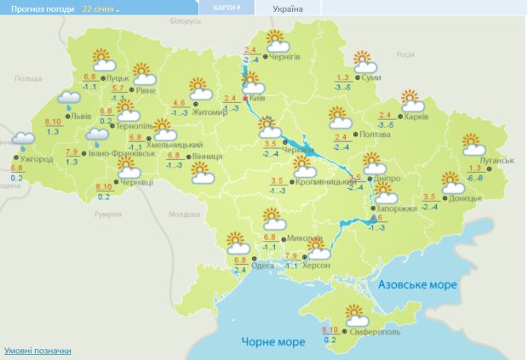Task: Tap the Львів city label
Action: [x=82, y=117]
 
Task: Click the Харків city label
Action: [x=416, y=117]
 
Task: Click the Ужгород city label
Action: [x=35, y=159]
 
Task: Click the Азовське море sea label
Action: [x=417, y=284]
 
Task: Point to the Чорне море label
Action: [x=273, y=341]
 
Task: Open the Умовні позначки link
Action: [x=37, y=351]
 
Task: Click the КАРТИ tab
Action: [x=226, y=8]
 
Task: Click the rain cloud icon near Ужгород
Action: [x=23, y=138]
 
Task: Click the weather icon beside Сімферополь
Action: [x=357, y=317]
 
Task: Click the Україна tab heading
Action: [x=286, y=9]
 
